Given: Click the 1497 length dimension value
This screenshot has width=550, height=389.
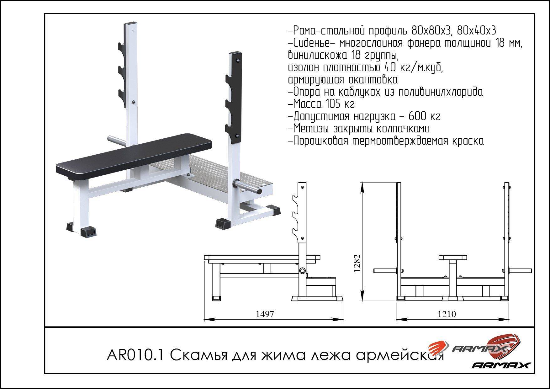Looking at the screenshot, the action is click(265, 314).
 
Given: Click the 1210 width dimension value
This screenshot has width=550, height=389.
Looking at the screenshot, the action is click(447, 314).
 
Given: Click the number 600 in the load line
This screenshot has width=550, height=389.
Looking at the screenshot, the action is click(417, 116).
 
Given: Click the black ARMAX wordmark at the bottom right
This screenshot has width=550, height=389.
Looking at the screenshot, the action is click(501, 365).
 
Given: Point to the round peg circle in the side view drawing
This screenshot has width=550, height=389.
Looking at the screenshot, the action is click(302, 271).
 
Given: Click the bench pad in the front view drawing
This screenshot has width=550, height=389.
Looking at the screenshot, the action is click(452, 257).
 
